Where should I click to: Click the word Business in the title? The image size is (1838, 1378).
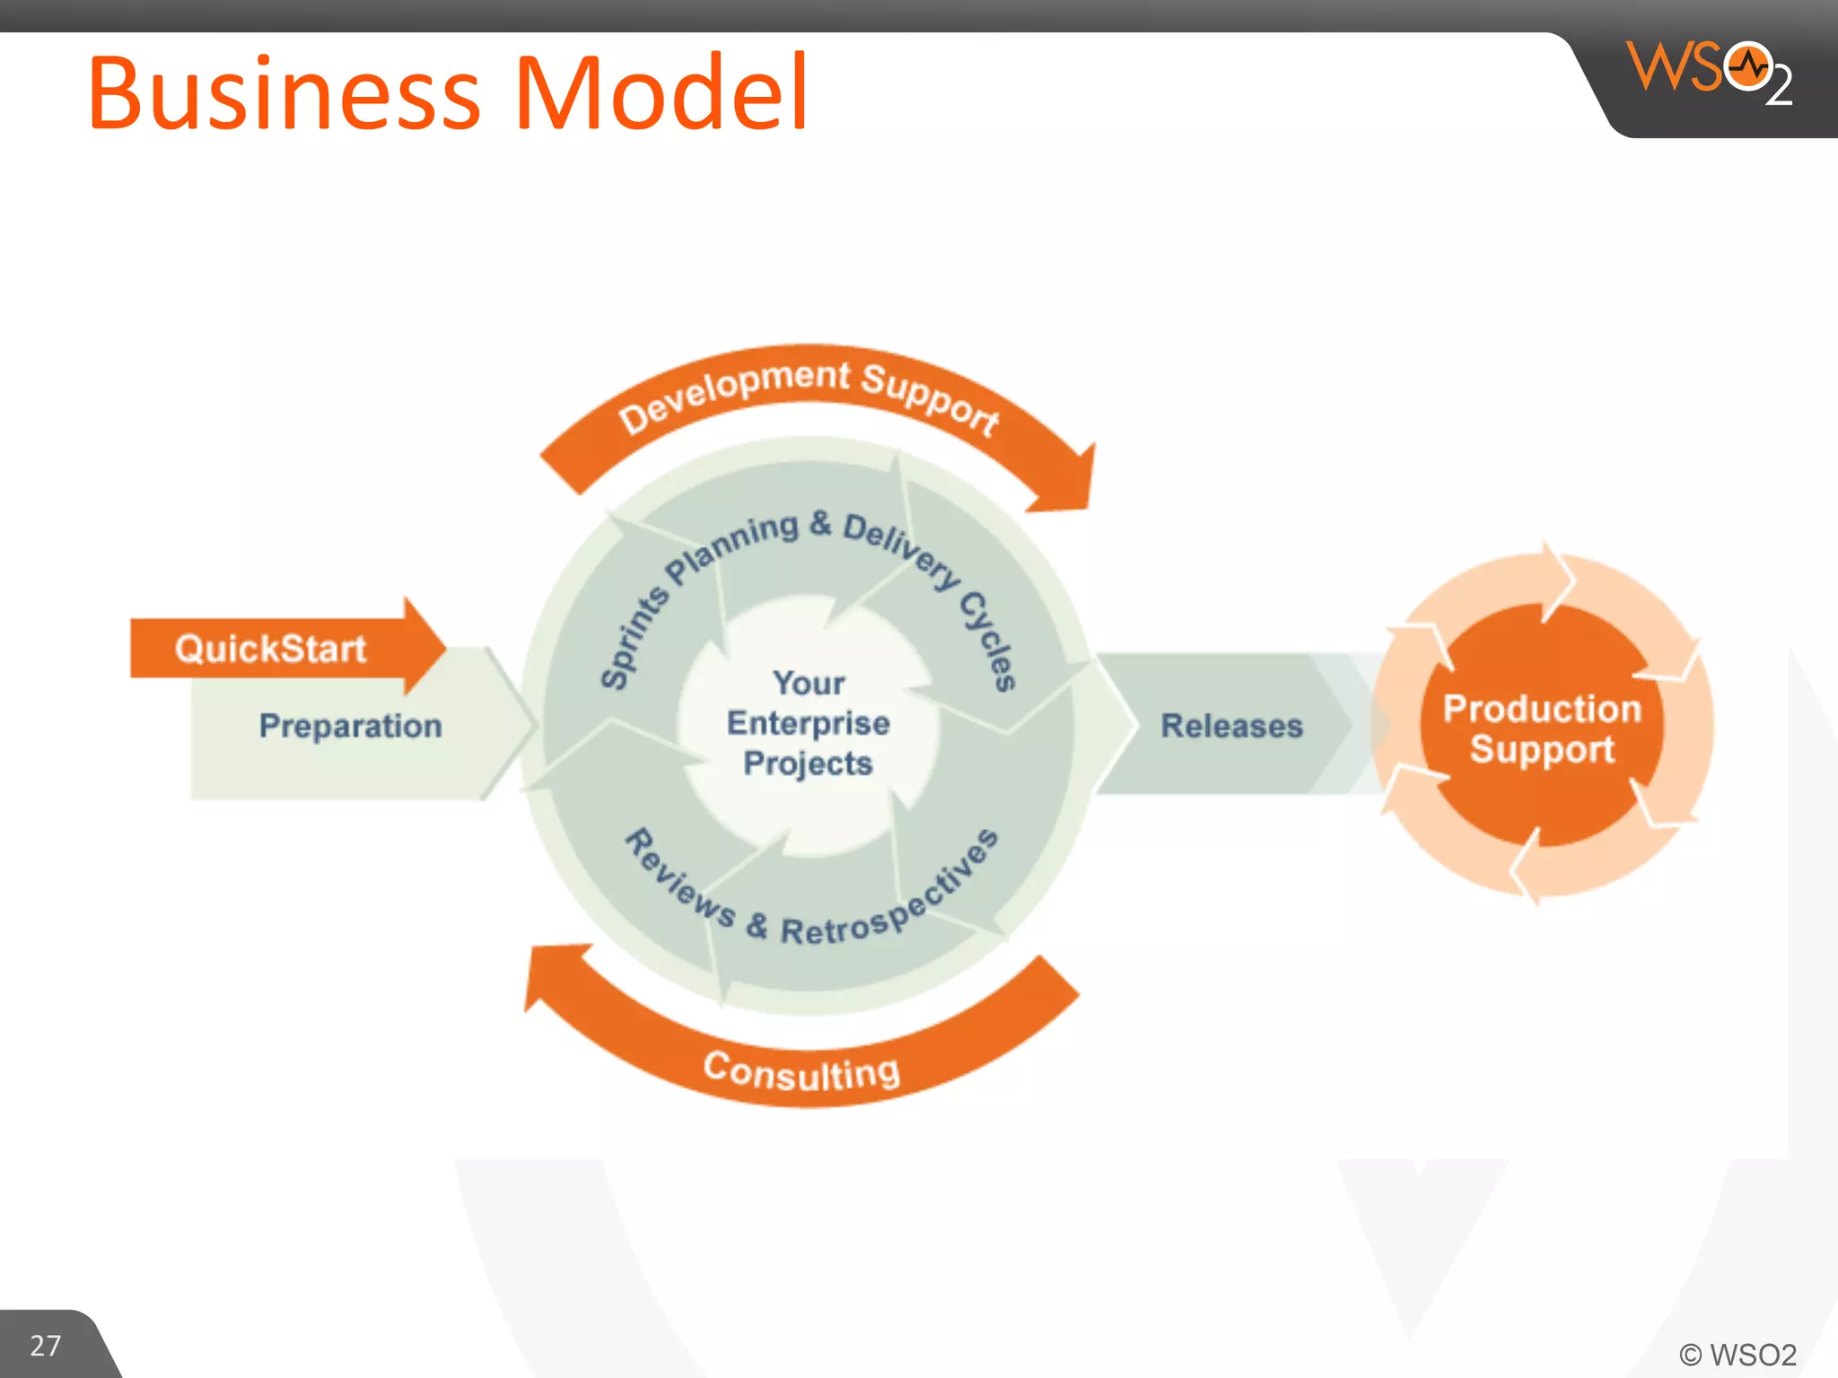coord(284,93)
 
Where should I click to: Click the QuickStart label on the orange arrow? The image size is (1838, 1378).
coord(270,649)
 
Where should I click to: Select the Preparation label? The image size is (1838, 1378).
coord(350,726)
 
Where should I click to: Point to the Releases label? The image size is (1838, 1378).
coord(1231,726)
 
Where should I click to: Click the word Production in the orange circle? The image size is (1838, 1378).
coord(1541,709)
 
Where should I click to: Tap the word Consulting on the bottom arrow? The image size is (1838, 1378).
coord(801,1071)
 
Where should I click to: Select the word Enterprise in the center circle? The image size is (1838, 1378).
coord(808,723)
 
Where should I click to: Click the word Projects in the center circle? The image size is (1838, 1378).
coord(808,763)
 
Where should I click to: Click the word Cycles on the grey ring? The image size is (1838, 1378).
coord(988,641)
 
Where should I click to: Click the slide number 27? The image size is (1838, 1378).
coord(45,1346)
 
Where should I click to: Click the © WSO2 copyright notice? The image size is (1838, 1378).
coord(1737,1354)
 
